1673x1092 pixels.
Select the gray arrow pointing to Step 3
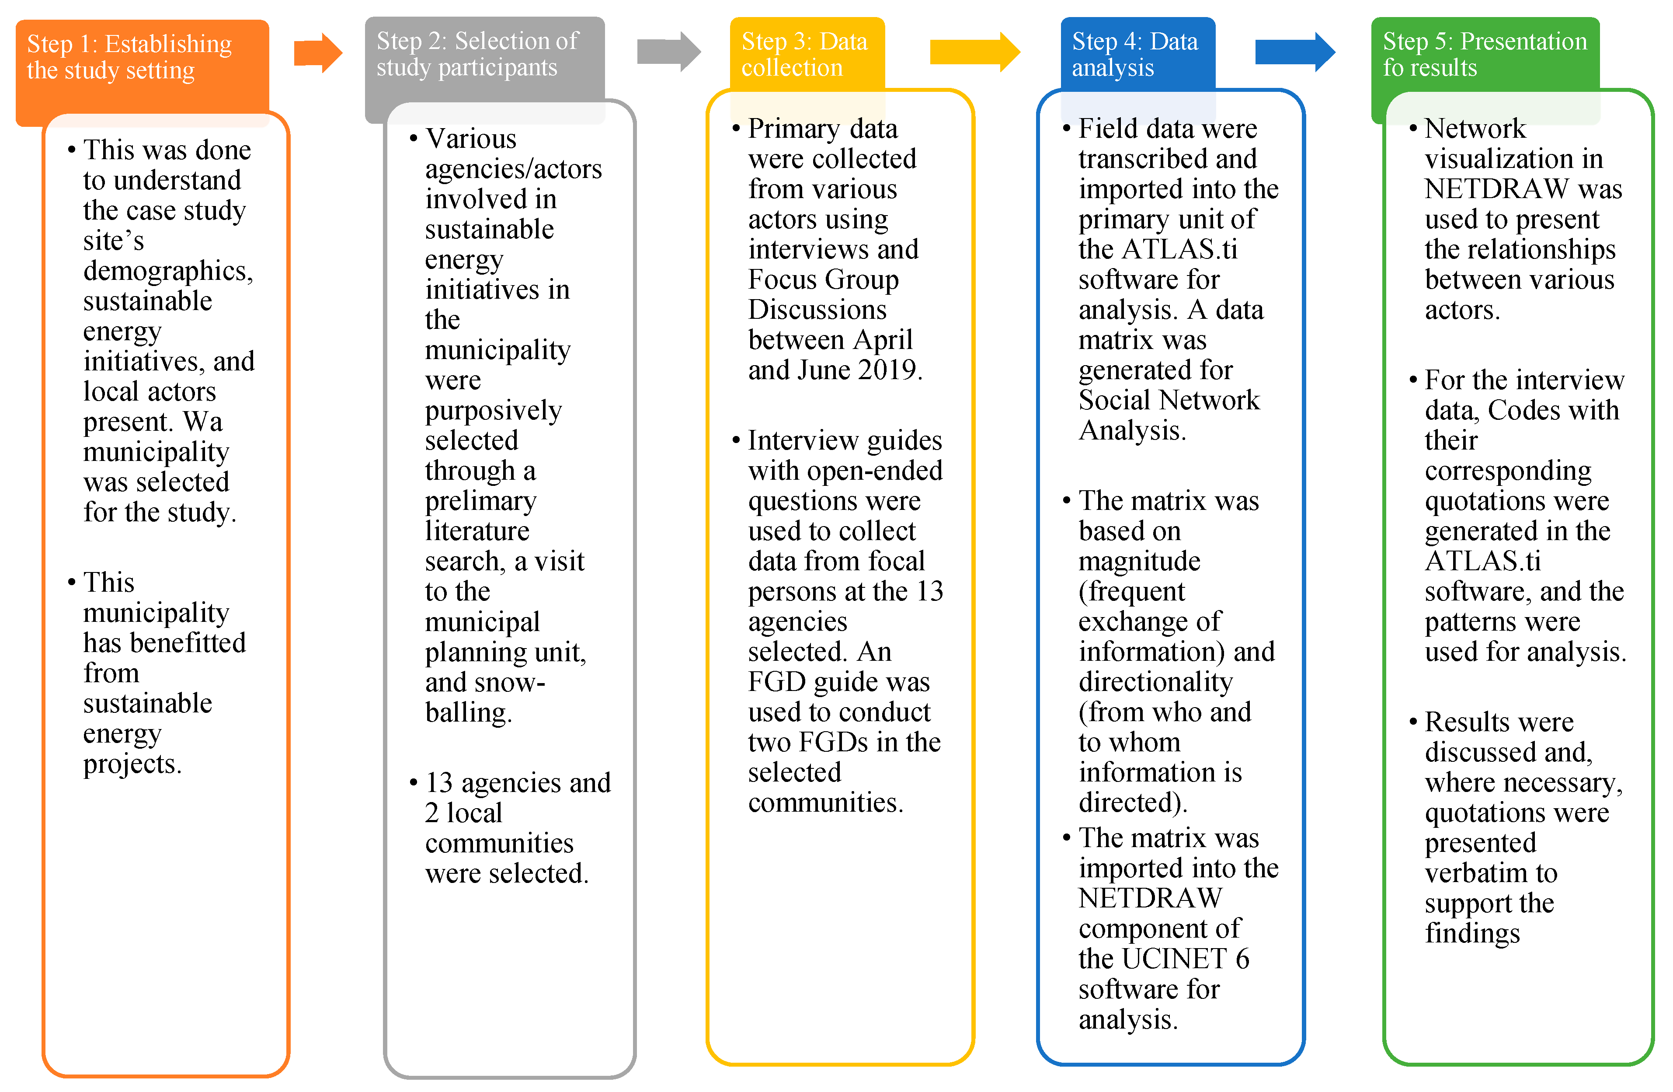(x=668, y=51)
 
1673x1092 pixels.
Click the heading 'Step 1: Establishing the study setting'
(x=130, y=57)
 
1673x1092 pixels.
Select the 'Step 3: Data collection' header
(x=804, y=54)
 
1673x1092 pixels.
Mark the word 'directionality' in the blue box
(x=1156, y=682)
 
